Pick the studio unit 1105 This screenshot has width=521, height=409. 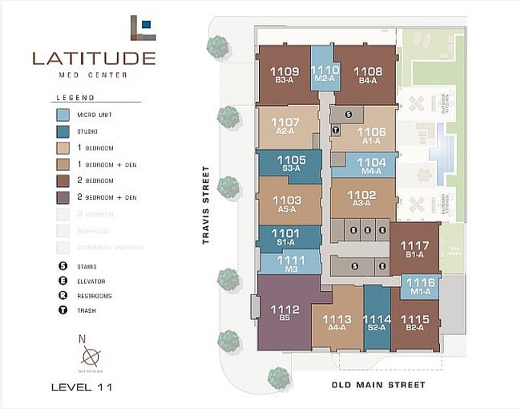coord(290,164)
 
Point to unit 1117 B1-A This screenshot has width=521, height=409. coord(414,249)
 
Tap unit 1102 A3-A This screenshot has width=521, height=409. coord(362,198)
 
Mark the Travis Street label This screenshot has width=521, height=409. coord(206,204)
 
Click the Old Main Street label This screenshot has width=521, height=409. coord(378,385)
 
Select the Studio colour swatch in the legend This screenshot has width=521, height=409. coord(63,132)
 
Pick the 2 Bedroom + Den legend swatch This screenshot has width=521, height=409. coord(63,196)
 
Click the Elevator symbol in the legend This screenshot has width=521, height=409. coord(63,281)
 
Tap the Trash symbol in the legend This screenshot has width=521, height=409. coord(63,310)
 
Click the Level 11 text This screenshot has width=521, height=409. coord(82,387)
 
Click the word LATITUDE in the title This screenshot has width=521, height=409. coord(94,58)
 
